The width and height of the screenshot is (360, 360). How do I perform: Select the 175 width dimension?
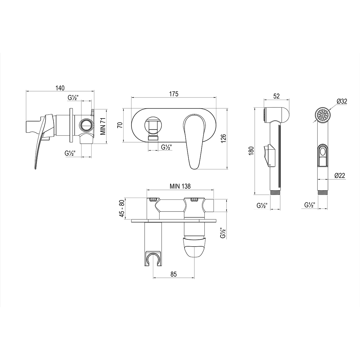pyautogui.click(x=174, y=94)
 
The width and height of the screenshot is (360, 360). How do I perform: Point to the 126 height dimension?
pyautogui.click(x=224, y=138)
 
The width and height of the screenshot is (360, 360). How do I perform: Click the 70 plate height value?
pyautogui.click(x=120, y=125)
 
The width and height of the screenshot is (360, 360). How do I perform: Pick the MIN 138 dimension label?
pyautogui.click(x=180, y=186)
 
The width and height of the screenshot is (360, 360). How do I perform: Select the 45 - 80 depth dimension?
pyautogui.click(x=122, y=209)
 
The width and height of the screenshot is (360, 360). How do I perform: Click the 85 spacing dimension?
pyautogui.click(x=174, y=274)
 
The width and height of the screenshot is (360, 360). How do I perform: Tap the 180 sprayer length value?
pyautogui.click(x=251, y=150)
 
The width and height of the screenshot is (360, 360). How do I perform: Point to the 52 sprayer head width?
pyautogui.click(x=276, y=96)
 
